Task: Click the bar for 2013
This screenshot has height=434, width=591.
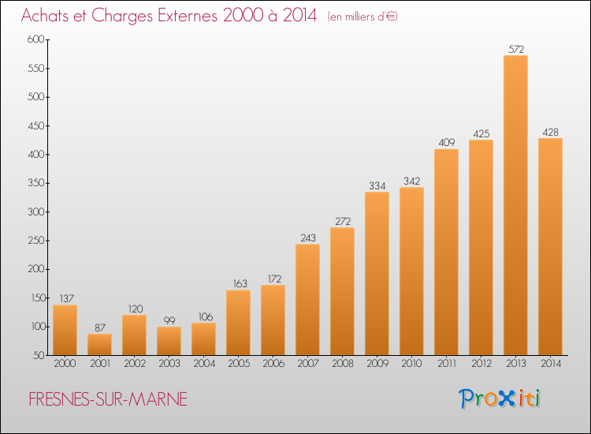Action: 515,205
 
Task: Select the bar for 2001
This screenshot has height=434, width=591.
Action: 99,345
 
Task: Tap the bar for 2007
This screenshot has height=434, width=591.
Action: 307,300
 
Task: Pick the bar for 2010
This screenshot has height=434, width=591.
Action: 411,271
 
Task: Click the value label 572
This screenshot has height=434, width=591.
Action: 516,49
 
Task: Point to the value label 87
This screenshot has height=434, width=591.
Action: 100,327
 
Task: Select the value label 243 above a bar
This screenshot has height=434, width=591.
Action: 308,238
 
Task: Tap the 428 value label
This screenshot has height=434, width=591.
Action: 550,132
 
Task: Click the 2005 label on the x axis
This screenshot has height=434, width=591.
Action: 239,364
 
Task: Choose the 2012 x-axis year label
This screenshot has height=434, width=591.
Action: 481,364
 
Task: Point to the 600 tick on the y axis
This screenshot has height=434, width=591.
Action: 35,39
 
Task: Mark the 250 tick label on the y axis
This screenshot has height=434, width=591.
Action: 36,241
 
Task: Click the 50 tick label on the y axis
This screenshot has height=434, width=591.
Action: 39,355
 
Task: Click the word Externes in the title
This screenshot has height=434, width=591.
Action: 188,16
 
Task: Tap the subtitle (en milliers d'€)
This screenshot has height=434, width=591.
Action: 362,17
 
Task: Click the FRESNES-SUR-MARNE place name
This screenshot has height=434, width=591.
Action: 108,399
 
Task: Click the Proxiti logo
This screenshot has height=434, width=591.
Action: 500,398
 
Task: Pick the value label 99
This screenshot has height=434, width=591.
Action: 169,320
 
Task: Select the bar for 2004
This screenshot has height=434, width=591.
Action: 203,339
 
